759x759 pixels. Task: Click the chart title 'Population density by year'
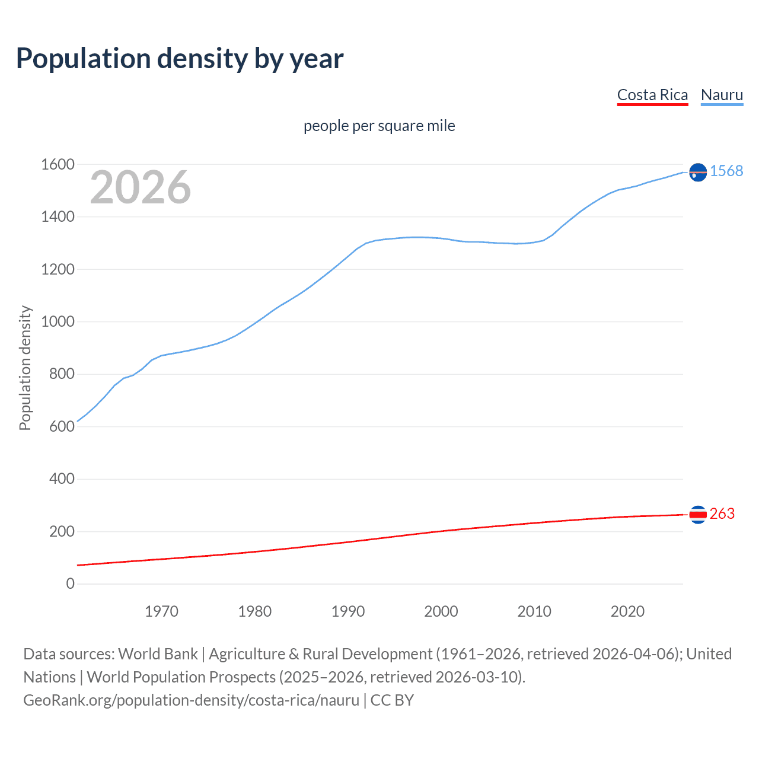[x=180, y=59]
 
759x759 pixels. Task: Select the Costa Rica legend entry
[x=652, y=95]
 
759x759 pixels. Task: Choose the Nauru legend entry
[x=722, y=95]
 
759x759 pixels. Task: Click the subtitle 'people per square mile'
[x=379, y=126]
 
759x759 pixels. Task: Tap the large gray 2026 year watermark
[x=141, y=187]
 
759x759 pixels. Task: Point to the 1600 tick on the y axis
[x=58, y=164]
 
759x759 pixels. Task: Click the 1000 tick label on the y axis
[x=58, y=321]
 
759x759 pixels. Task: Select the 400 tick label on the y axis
[x=62, y=479]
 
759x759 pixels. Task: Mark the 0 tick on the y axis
[x=71, y=583]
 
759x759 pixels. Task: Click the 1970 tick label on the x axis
[x=161, y=611]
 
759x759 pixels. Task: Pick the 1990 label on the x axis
[x=348, y=611]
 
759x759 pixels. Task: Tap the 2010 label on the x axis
[x=534, y=611]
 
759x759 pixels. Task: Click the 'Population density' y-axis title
[x=25, y=368]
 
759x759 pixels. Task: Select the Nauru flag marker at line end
[x=698, y=172]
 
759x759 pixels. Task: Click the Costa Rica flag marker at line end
[x=698, y=514]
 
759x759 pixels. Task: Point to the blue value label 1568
[x=726, y=171]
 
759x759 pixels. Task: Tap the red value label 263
[x=722, y=514]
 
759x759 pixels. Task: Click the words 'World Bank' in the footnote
[x=158, y=654]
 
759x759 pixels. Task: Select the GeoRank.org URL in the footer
[x=191, y=700]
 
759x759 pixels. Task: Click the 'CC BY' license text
[x=392, y=700]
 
